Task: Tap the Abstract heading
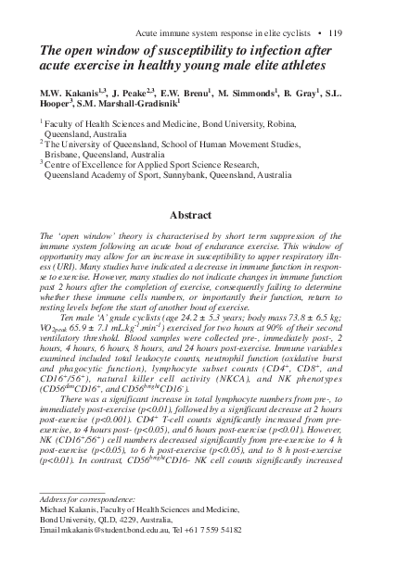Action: click(x=198, y=215)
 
